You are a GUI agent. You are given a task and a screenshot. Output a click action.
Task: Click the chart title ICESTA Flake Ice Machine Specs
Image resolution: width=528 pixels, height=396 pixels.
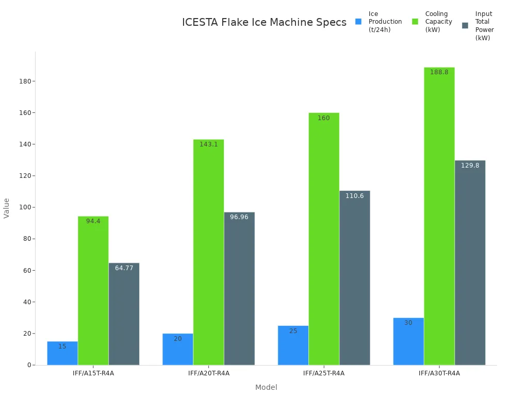tap(264, 23)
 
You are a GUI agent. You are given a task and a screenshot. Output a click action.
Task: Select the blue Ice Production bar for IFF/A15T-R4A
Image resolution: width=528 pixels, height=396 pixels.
tap(62, 354)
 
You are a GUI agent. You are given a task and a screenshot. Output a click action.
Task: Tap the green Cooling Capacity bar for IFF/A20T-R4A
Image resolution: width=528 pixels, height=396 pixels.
tap(208, 252)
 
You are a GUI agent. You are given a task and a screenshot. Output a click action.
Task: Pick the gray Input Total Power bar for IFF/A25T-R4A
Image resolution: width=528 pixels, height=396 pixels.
tap(355, 278)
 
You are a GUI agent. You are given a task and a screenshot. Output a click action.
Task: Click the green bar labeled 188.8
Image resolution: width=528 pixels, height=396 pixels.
tap(439, 216)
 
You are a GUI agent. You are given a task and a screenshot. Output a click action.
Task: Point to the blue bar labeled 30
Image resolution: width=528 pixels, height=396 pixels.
tap(408, 341)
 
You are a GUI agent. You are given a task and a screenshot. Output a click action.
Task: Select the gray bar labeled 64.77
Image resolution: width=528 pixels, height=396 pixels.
tap(124, 314)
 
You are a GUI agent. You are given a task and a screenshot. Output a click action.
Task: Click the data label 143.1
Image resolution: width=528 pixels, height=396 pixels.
tap(208, 144)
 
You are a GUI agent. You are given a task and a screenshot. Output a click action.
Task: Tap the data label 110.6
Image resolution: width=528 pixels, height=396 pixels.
tap(355, 196)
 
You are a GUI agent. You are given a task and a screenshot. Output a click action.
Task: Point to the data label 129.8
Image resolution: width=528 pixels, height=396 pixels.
tap(470, 166)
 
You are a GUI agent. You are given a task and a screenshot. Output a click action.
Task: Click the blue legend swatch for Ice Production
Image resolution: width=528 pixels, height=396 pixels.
tap(358, 22)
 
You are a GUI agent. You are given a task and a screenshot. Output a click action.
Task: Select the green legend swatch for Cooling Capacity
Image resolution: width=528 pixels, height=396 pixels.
tap(415, 22)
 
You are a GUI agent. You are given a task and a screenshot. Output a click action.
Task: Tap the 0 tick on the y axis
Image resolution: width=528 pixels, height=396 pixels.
tap(29, 365)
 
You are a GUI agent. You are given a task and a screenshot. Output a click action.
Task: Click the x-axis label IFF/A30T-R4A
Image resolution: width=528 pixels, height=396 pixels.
tap(439, 373)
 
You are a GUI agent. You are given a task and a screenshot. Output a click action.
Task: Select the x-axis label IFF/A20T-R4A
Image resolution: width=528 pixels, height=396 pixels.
tap(208, 373)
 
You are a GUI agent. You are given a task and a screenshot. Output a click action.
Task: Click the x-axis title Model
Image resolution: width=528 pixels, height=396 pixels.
tap(266, 387)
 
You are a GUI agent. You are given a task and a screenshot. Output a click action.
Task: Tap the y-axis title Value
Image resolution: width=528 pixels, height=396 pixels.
tap(7, 208)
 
